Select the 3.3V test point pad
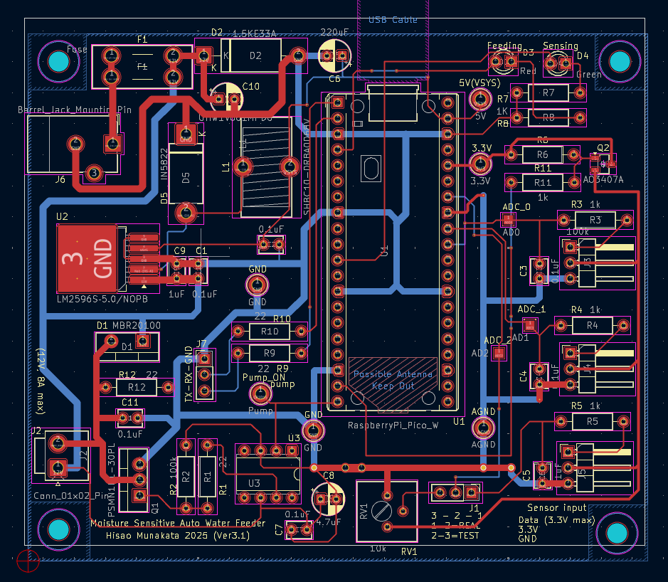pos(482,164)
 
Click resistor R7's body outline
pos(548,93)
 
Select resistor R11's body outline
pos(542,183)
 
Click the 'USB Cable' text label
pos(393,21)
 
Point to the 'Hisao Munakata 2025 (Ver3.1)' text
pos(177,535)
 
